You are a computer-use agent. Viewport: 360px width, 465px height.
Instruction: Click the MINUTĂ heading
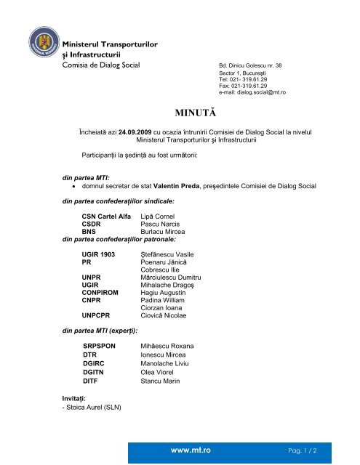199,113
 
